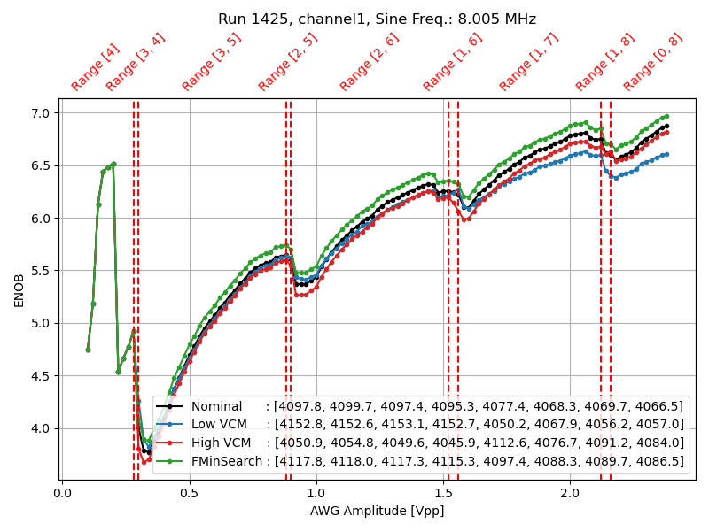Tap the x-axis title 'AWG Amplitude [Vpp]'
coord(377,511)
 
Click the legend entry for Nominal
coord(216,406)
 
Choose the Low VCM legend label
coord(221,425)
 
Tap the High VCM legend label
coord(222,442)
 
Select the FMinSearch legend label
coord(227,461)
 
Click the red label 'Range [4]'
coord(95,67)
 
